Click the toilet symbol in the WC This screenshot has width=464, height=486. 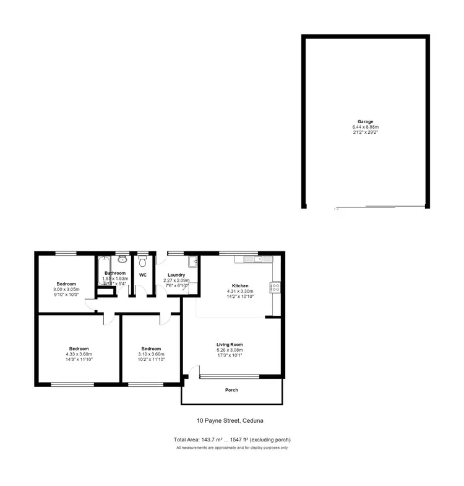pos(143,259)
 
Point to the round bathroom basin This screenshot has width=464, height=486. pos(122,259)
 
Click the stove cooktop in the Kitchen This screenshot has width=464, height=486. pos(275,287)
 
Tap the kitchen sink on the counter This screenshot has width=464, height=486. pos(254,259)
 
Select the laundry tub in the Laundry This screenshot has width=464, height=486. pos(193,261)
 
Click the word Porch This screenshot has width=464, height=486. pos(231,390)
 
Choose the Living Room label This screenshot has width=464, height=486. pos(229,344)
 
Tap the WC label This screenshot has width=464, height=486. pos(142,274)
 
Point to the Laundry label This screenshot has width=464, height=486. pos(176,275)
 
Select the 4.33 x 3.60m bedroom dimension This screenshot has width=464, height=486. pos(79,354)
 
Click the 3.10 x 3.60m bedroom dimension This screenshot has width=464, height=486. pos(150,354)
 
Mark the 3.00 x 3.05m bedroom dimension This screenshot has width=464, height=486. pos(66,289)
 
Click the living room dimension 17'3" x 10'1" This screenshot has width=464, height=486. pos(229,355)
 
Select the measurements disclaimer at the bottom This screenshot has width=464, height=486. pos(232,447)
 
